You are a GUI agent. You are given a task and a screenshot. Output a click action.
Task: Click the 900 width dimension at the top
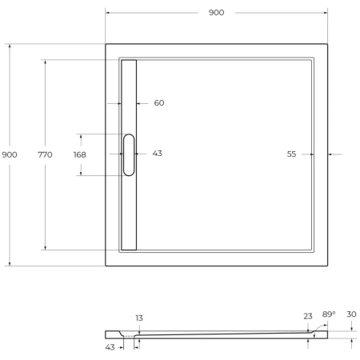(216, 13)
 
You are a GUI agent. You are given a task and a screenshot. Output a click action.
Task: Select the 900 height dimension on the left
(10, 154)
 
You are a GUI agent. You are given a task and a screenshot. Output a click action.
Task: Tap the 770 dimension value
(45, 154)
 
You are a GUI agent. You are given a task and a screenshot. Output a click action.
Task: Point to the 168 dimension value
(80, 154)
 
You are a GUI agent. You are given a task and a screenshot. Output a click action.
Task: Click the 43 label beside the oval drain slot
(157, 153)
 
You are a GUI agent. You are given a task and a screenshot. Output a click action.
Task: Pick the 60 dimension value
(159, 103)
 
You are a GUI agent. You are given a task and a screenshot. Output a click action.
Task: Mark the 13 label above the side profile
(139, 318)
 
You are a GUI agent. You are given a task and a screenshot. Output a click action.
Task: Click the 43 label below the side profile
(110, 346)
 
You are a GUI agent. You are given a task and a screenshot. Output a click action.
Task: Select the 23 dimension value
(308, 316)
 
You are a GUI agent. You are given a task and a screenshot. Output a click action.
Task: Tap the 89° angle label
(328, 314)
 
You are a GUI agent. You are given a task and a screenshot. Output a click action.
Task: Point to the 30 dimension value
(351, 314)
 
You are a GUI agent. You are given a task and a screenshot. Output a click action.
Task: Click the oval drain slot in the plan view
(129, 154)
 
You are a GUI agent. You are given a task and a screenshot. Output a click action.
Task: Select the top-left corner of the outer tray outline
(106, 44)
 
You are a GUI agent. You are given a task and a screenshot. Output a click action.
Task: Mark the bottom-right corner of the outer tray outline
(327, 266)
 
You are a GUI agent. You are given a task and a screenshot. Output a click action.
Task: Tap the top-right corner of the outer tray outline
(327, 44)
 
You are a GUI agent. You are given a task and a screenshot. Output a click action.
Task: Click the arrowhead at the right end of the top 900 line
(325, 13)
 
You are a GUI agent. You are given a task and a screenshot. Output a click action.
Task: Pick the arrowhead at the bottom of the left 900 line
(10, 263)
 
